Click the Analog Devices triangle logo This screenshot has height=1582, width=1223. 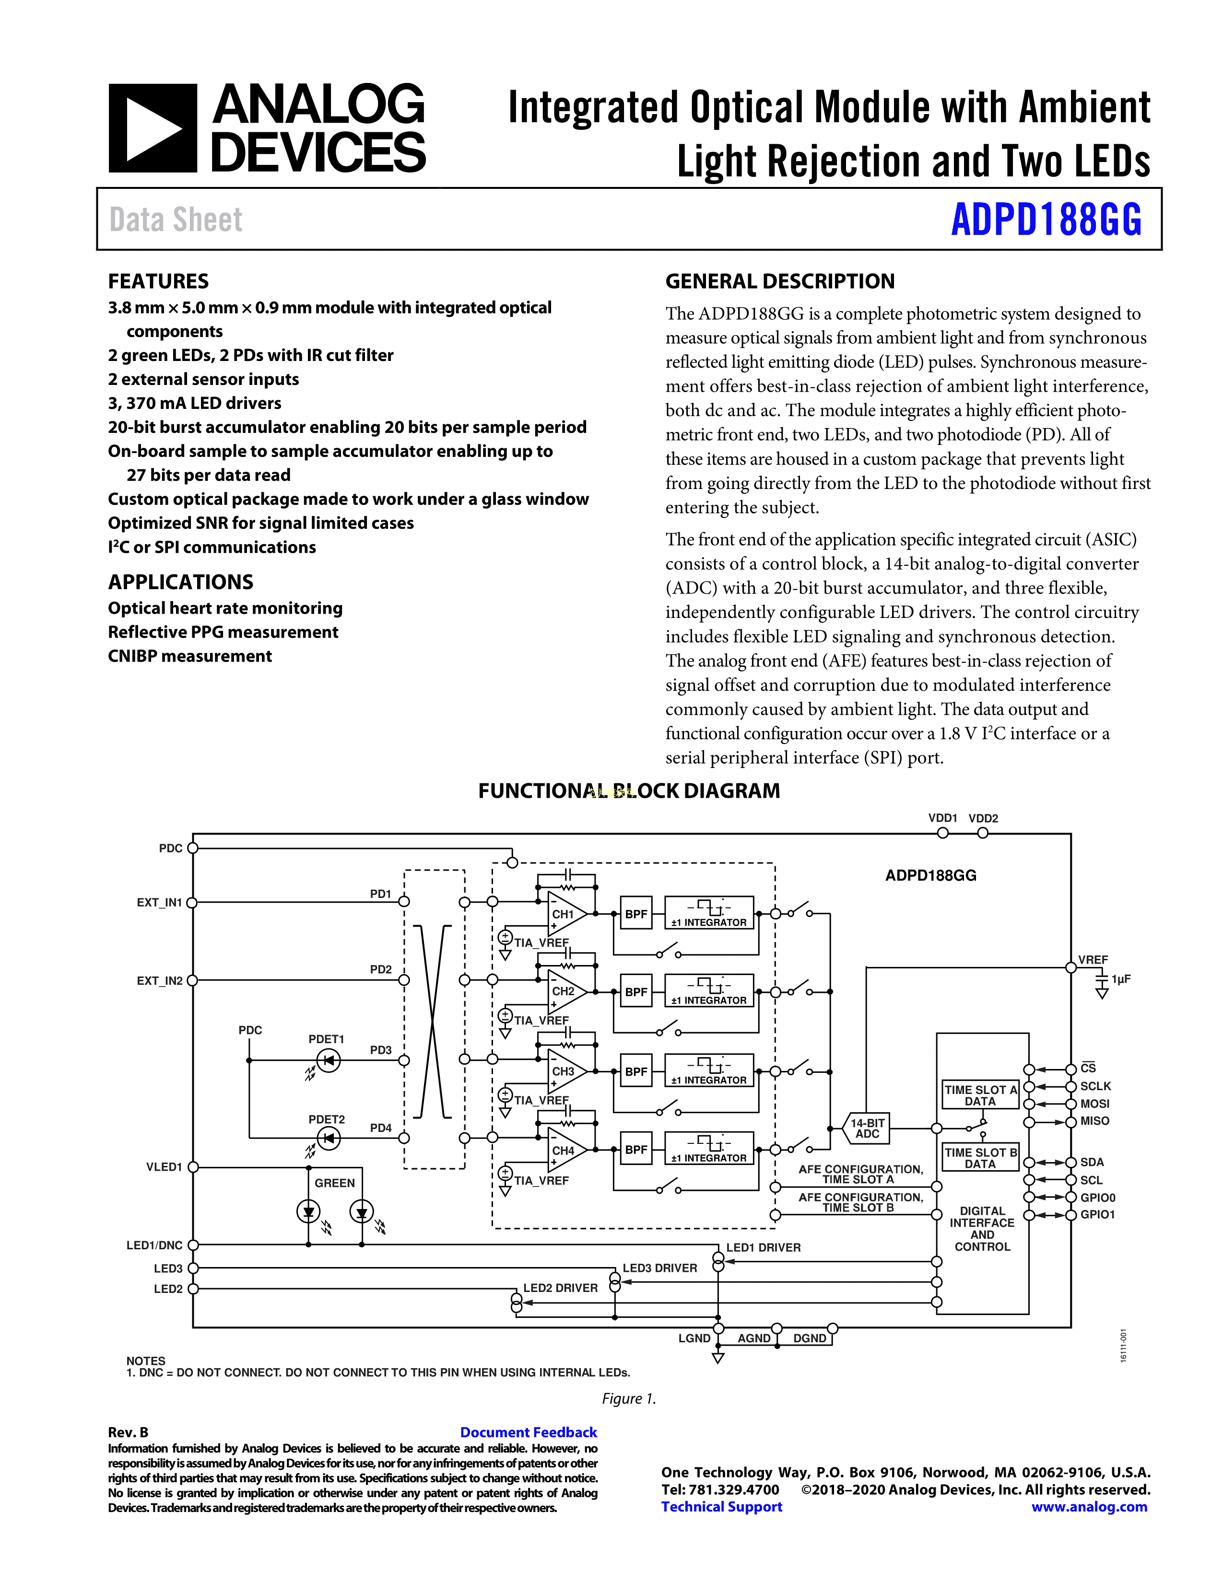pos(152,128)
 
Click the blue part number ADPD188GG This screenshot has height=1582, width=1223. pos(1046,220)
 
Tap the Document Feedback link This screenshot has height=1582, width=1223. pos(528,1432)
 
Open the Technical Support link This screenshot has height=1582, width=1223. pos(722,1507)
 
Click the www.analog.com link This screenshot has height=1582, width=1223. pos(1089,1507)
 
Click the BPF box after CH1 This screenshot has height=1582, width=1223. pos(636,914)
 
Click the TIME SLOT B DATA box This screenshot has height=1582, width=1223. pos(980,1158)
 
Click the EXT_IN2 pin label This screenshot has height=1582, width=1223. pos(159,981)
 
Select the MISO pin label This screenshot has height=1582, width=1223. pos(1095,1121)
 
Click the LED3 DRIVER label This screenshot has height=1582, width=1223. pos(659,1268)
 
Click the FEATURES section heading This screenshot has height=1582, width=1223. pos(158,281)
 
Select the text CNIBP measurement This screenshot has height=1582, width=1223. pos(190,656)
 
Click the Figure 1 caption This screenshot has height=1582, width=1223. pos(629,1399)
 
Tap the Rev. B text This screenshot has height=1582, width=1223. pos(128,1432)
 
